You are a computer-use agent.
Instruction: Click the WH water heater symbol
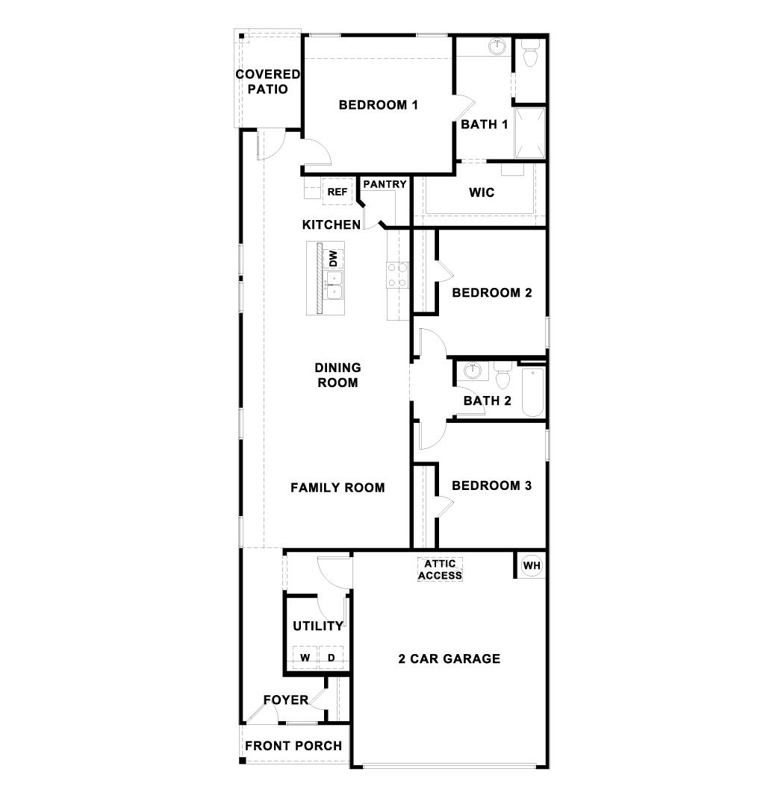click(x=531, y=565)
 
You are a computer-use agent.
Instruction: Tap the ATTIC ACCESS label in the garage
click(x=440, y=570)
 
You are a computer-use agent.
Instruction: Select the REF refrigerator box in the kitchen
click(x=337, y=192)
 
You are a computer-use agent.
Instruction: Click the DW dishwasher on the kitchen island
click(x=334, y=259)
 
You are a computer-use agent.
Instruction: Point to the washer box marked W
click(x=305, y=657)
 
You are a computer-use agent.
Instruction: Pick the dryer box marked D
click(x=331, y=657)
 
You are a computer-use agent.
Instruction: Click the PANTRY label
click(x=385, y=184)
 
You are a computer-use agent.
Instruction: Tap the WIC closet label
click(x=482, y=192)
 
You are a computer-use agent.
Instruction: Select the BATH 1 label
click(x=484, y=124)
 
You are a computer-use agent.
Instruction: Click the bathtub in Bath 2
click(x=532, y=391)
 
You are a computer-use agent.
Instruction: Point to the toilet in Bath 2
click(x=502, y=375)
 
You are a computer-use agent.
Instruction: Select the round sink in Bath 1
click(x=497, y=47)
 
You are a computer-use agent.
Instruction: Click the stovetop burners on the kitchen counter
click(x=397, y=274)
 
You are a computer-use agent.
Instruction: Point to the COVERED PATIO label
click(x=267, y=81)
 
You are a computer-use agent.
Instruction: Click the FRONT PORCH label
click(x=293, y=745)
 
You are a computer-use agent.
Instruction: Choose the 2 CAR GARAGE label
click(x=449, y=659)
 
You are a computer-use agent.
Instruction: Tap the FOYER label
click(x=285, y=700)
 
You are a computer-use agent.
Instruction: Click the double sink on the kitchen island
click(x=334, y=286)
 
